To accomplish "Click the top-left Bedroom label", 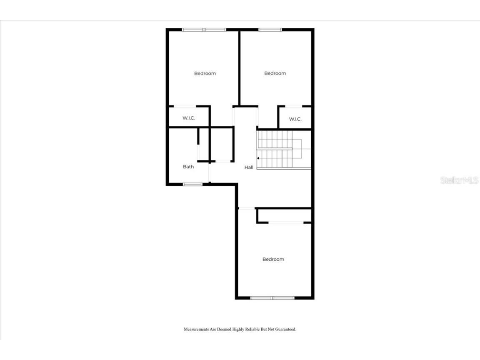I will click(x=205, y=73).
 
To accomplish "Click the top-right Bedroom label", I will click(x=275, y=73).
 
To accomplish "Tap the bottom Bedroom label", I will click(x=273, y=259).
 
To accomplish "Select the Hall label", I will click(x=249, y=167).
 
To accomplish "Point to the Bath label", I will click(x=188, y=167).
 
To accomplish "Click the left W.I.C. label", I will click(x=189, y=118).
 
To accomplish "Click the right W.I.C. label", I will click(x=295, y=119).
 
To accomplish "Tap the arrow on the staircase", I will click(x=259, y=158).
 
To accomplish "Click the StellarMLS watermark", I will click(x=459, y=180).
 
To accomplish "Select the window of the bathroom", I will click(x=192, y=184).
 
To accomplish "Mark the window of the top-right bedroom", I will click(x=270, y=30).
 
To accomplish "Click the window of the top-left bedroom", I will click(x=204, y=30).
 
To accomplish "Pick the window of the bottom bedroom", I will click(x=272, y=297).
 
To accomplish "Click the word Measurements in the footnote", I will click(x=196, y=329).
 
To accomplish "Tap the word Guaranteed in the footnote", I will click(x=284, y=329).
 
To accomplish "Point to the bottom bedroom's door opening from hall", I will click(x=246, y=208).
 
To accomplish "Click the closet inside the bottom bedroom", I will click(x=285, y=215).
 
